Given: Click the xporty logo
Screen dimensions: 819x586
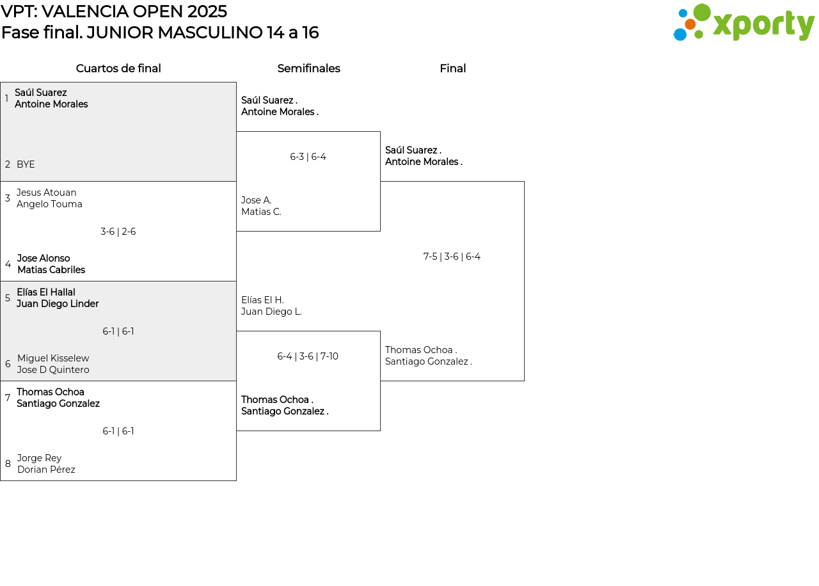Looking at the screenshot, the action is click(x=744, y=22).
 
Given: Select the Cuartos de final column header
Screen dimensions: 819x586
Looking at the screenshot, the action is click(x=118, y=68).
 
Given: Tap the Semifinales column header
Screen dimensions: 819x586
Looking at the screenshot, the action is click(x=308, y=68).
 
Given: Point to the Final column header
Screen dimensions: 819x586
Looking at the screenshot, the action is click(x=452, y=68).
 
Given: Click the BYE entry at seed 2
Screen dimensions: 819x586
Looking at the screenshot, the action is click(x=26, y=164).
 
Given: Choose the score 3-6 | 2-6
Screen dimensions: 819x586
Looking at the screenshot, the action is click(x=118, y=232).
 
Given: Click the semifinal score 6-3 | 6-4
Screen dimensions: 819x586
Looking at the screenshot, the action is click(x=308, y=157).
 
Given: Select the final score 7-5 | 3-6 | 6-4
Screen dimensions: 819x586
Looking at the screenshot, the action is click(x=452, y=257).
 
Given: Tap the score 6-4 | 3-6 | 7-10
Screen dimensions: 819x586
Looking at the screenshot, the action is click(x=308, y=356).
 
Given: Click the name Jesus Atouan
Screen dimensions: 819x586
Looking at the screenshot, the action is click(x=47, y=193).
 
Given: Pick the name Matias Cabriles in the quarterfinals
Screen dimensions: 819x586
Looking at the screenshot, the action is click(x=51, y=270).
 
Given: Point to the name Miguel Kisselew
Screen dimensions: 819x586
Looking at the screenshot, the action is click(x=53, y=358).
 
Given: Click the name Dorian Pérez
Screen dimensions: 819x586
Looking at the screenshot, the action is click(x=46, y=470).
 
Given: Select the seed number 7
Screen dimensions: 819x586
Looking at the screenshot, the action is click(x=8, y=397).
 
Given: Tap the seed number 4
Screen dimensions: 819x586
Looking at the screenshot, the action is click(x=8, y=264).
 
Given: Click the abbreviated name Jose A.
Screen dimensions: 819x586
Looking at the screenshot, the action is click(x=257, y=200).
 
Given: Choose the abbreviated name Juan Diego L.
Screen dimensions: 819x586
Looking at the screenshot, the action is click(x=271, y=312).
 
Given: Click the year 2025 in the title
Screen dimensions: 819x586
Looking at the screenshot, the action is click(x=207, y=12).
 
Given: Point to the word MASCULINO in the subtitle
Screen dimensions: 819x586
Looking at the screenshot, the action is click(x=211, y=33).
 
